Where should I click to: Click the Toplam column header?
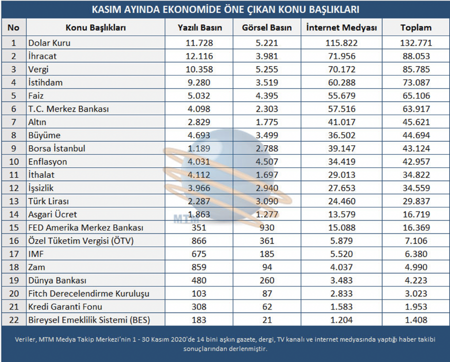point(416,28)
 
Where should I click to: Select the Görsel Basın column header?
point(266,28)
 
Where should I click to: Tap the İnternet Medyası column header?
point(341,28)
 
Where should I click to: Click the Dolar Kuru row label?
point(49,43)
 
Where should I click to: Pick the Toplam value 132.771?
point(416,43)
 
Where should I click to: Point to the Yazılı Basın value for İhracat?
point(199,56)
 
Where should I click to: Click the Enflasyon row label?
point(47,162)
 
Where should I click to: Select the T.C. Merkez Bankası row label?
point(68,109)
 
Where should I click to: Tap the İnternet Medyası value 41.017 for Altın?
point(341,122)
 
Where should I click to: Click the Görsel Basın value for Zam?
point(267,267)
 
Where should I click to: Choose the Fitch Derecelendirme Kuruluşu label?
point(88,293)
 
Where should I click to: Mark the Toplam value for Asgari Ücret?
point(416,214)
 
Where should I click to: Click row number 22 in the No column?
point(14,320)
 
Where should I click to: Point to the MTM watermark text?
point(186,219)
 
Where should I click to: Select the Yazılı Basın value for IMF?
point(199,254)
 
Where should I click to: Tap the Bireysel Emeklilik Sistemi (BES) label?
point(89,320)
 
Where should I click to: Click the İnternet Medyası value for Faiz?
point(341,96)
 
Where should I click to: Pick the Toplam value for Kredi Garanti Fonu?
point(416,307)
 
